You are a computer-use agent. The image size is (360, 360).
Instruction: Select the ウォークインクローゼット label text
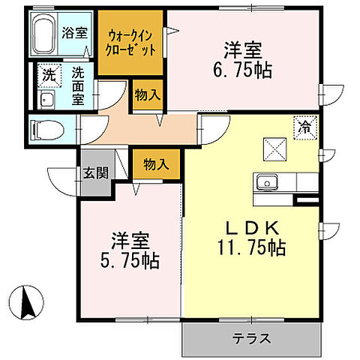tap(132, 40)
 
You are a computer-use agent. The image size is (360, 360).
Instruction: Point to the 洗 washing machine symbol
tap(47, 74)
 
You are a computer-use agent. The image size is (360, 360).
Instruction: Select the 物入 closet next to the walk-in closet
tap(146, 95)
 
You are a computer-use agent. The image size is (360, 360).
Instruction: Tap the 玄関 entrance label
tap(95, 173)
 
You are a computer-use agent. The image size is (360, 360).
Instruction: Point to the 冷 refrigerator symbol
tap(305, 127)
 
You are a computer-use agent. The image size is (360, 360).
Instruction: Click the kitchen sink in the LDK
tap(267, 182)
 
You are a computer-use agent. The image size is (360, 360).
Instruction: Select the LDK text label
tap(251, 228)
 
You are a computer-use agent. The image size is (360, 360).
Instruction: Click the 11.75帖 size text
tap(252, 247)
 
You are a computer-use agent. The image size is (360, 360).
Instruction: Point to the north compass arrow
tap(29, 304)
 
